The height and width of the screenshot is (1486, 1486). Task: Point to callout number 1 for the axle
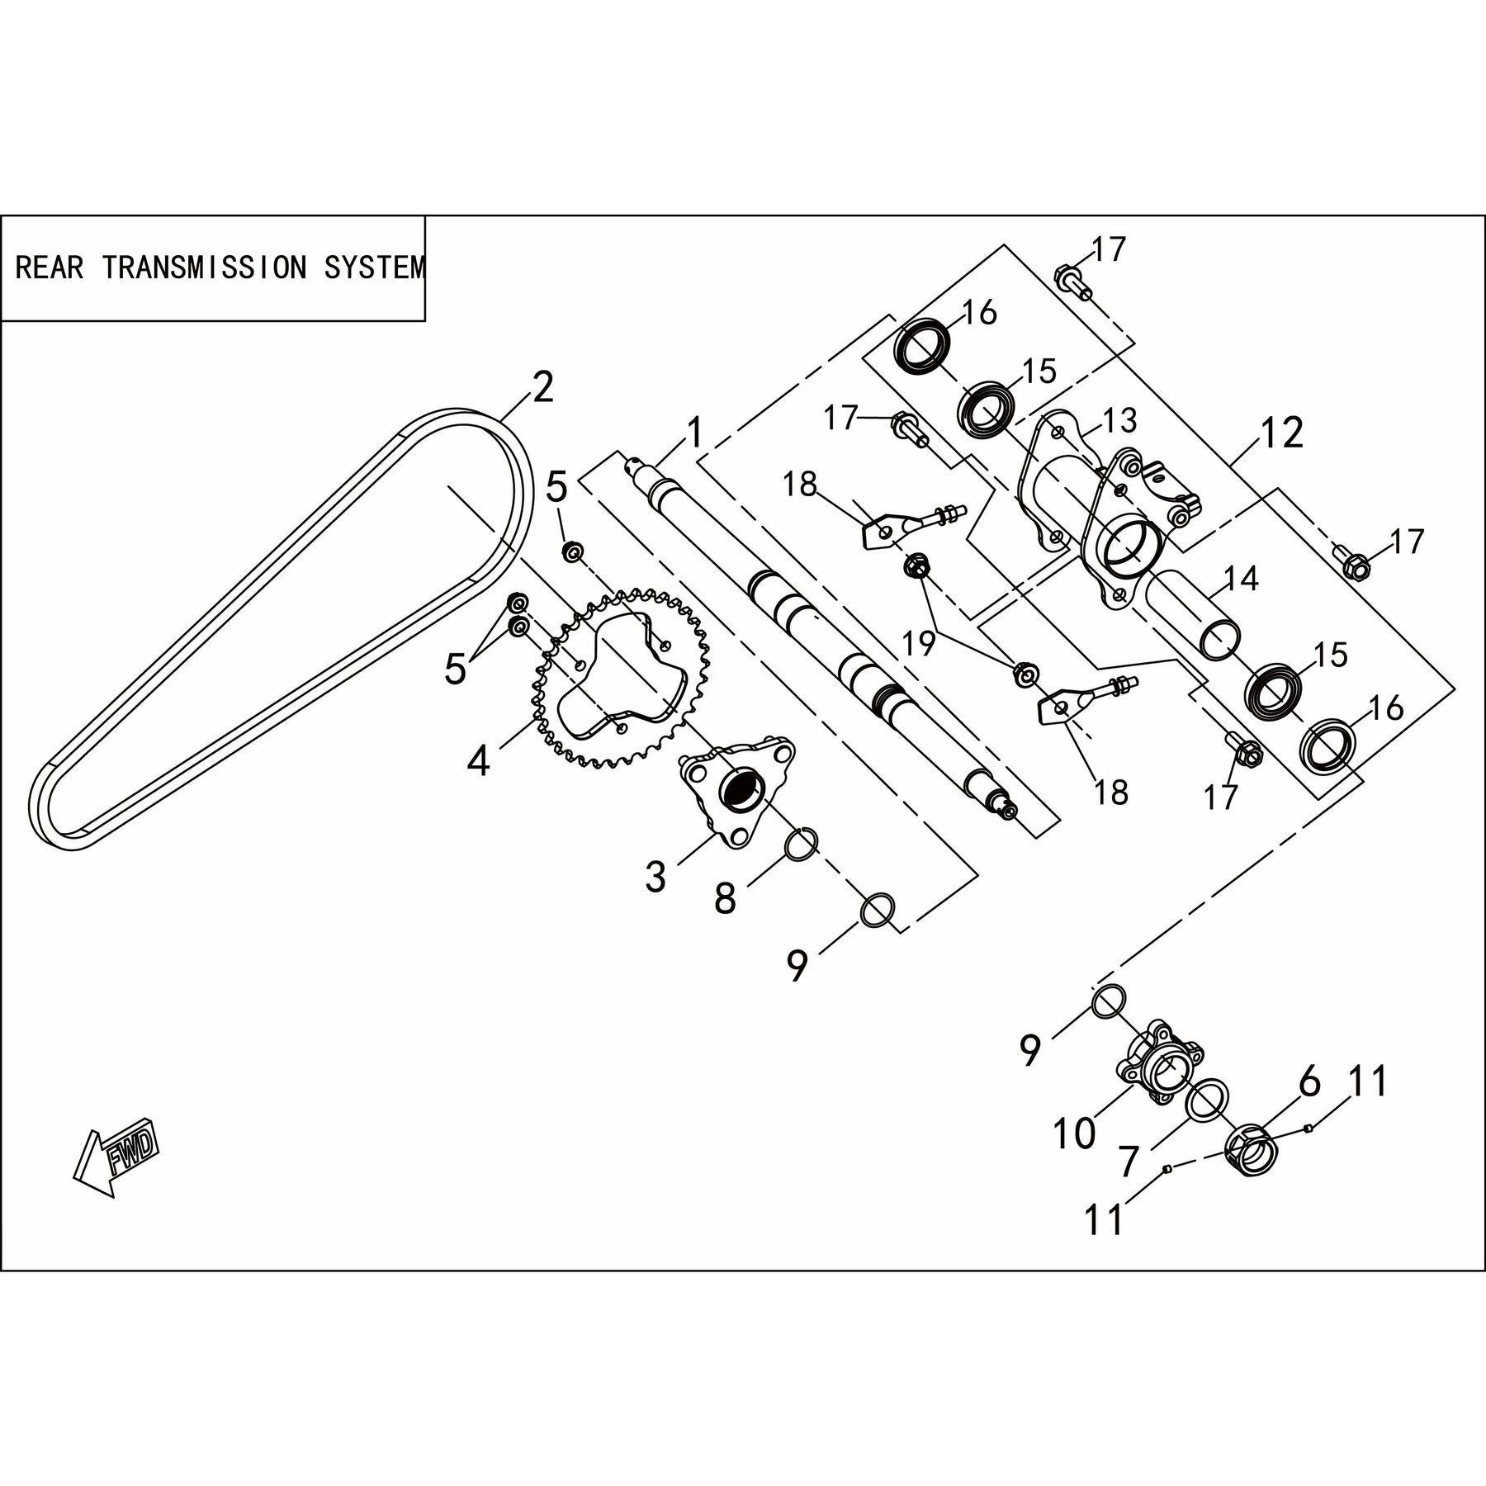694,432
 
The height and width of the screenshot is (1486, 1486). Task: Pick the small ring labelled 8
801,843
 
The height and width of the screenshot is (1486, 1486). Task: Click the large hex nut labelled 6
1252,1148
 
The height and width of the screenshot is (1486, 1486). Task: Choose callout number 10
1073,1133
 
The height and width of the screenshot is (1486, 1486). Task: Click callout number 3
655,878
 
